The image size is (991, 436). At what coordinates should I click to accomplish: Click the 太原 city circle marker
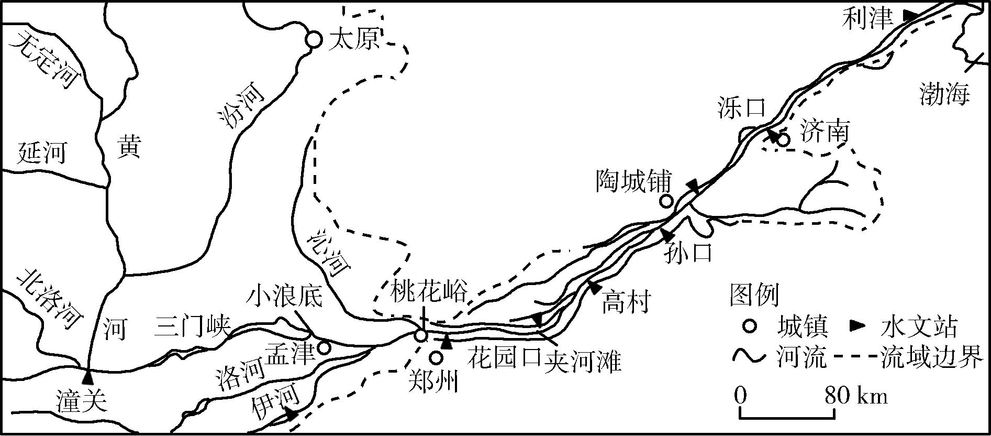(x=313, y=39)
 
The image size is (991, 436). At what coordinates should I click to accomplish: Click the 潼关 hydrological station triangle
(x=88, y=376)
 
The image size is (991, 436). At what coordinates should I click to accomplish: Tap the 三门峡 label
(x=192, y=328)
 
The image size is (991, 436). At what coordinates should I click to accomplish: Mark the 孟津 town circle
(x=324, y=347)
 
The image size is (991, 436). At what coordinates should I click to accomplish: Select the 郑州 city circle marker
(x=436, y=358)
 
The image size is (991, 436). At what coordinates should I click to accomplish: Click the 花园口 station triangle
(x=446, y=342)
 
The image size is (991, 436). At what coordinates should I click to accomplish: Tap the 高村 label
(x=626, y=302)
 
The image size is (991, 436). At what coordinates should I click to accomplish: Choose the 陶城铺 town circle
(x=666, y=201)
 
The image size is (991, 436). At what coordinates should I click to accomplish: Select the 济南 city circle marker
(x=783, y=140)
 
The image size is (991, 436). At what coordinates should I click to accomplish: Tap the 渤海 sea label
(x=945, y=94)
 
